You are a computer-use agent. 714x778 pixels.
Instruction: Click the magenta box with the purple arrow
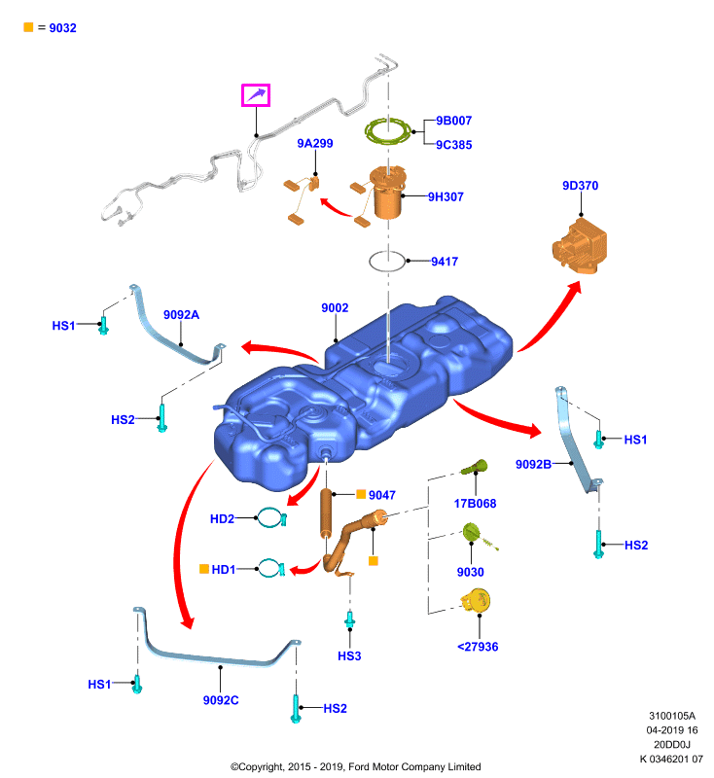point(256,94)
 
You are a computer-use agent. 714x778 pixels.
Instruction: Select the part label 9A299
point(314,143)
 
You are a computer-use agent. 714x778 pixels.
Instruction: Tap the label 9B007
point(453,121)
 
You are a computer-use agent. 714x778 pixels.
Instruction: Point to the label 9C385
point(453,145)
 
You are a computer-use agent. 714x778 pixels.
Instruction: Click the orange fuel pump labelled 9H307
point(387,193)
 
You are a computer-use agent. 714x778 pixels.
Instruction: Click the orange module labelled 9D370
point(580,246)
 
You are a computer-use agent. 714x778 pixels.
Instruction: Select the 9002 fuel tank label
point(335,308)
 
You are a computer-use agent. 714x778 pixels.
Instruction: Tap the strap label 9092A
point(181,315)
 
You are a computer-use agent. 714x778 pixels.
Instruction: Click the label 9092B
point(533,465)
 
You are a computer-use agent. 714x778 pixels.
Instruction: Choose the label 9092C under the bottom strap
point(220,700)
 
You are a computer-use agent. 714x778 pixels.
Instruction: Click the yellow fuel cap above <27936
point(477,601)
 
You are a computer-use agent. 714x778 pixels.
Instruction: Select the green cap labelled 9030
point(472,533)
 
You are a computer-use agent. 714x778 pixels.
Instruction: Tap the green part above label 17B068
point(475,467)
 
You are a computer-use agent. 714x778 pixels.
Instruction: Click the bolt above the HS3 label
point(350,619)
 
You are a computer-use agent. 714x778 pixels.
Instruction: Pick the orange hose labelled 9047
point(326,513)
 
